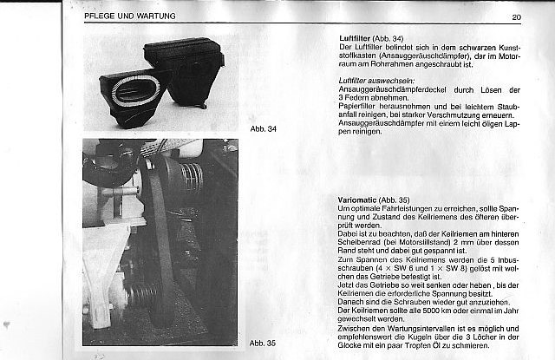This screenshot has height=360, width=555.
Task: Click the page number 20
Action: coord(516,17)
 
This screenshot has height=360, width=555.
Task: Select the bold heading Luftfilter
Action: coord(353,39)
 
